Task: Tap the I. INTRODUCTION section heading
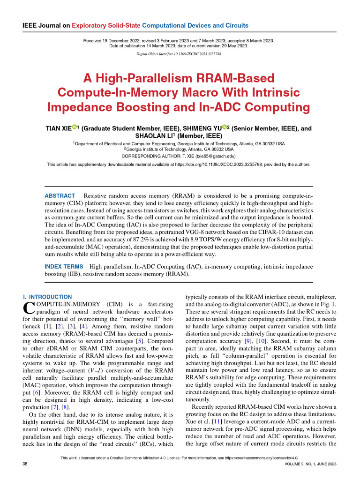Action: [x=47, y=297]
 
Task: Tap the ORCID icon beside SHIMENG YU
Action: [x=225, y=127]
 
